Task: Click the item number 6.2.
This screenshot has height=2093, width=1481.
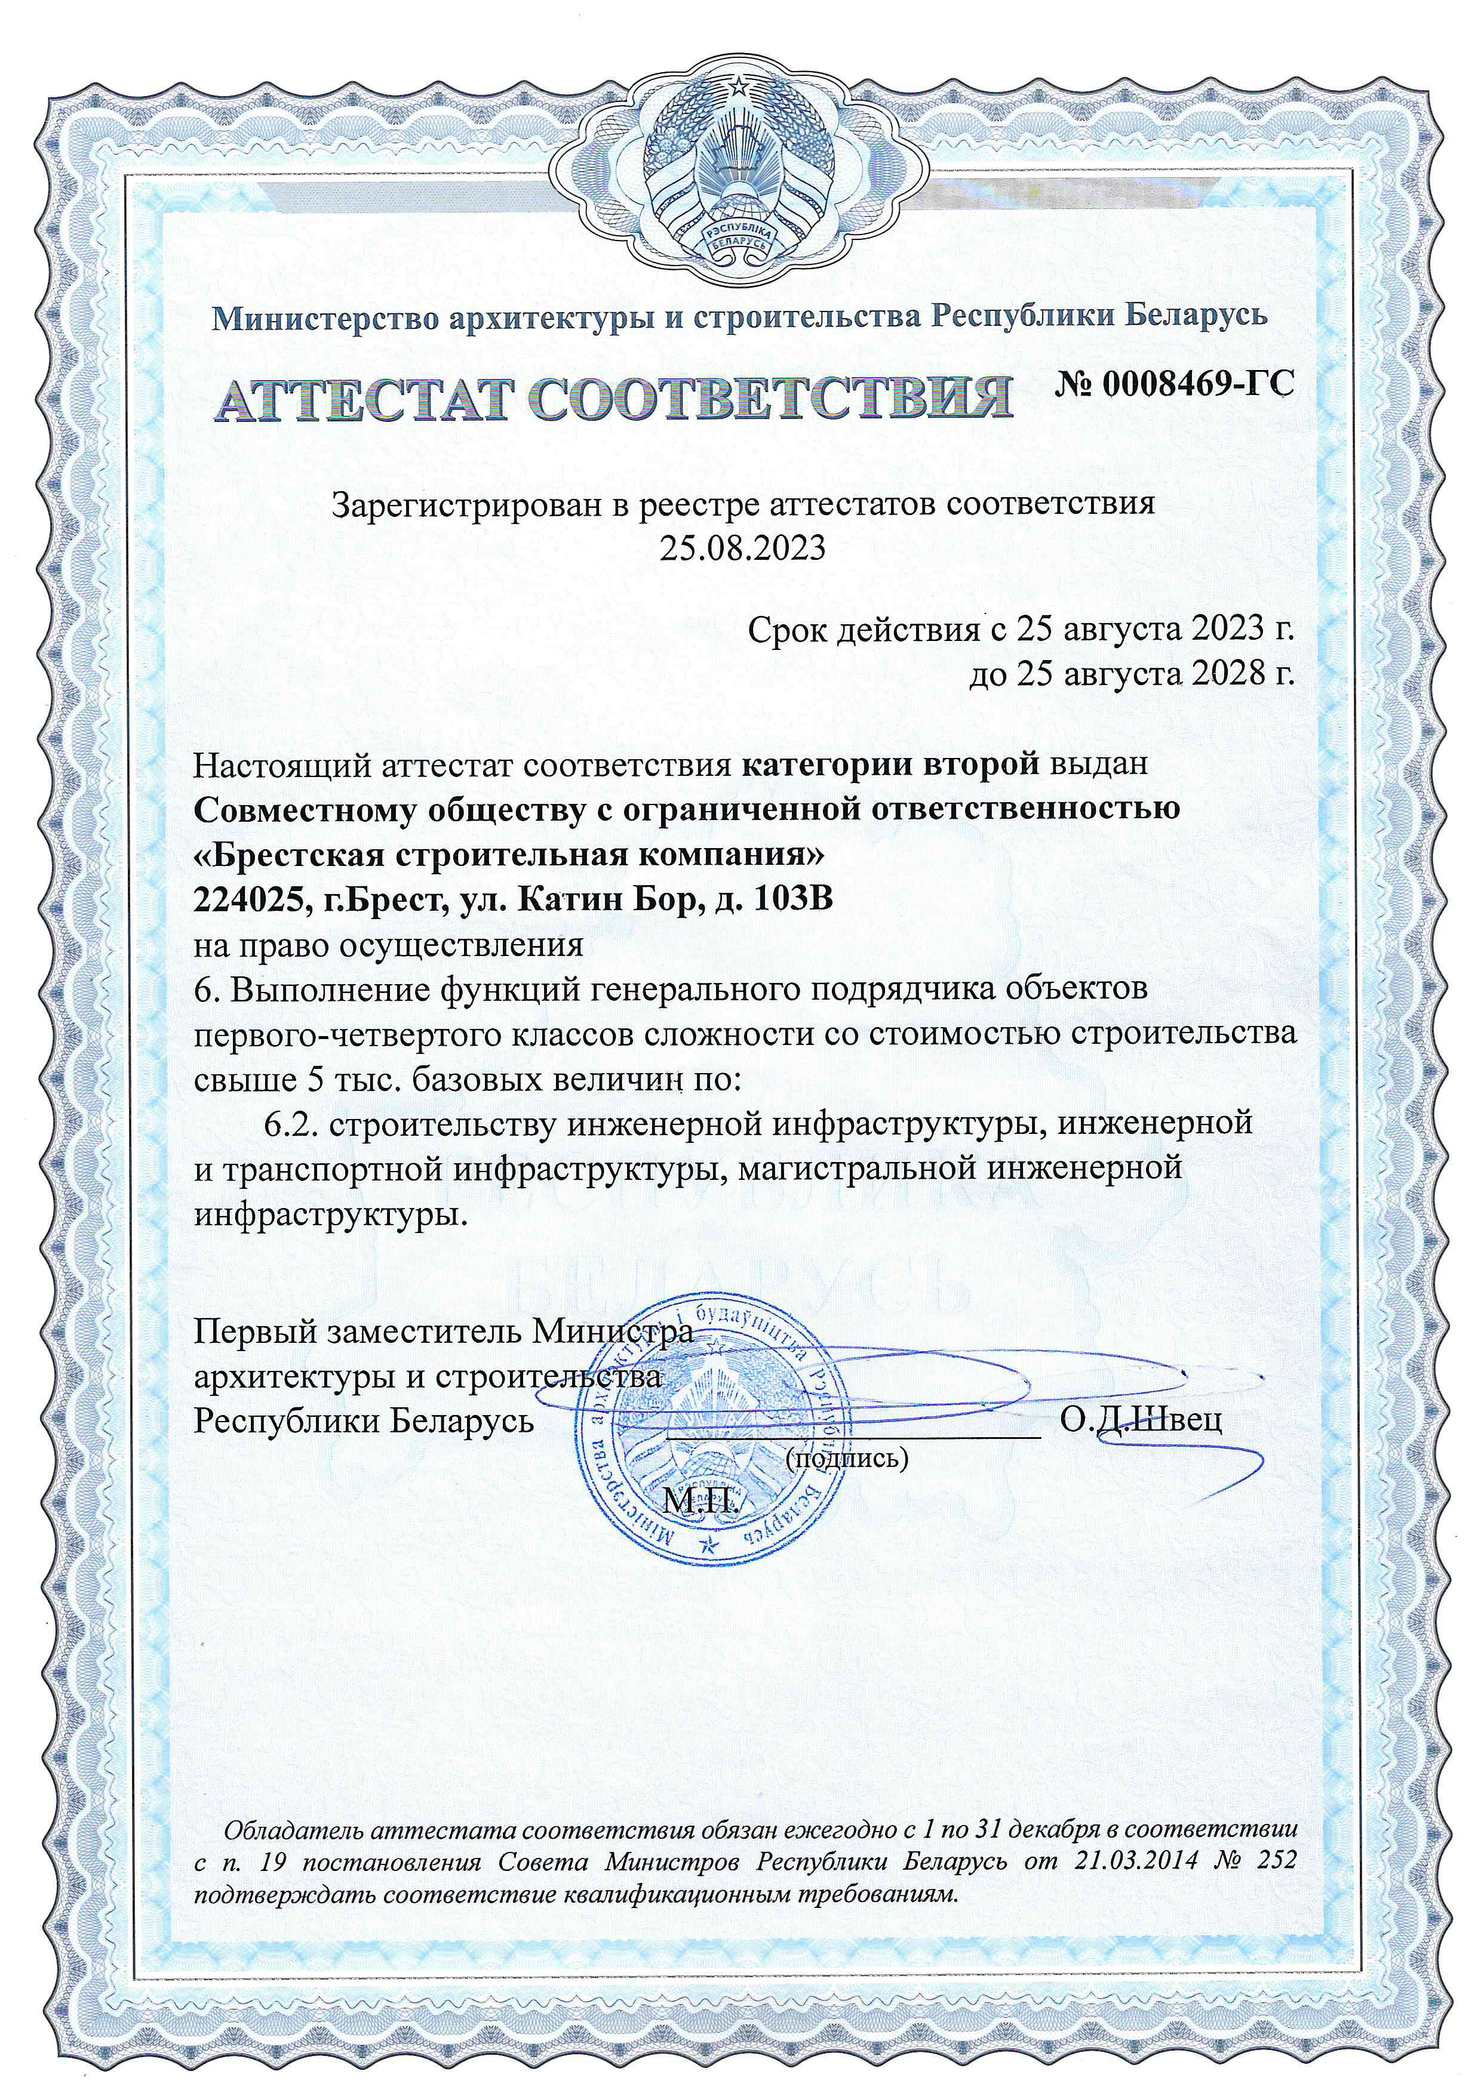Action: (292, 1124)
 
